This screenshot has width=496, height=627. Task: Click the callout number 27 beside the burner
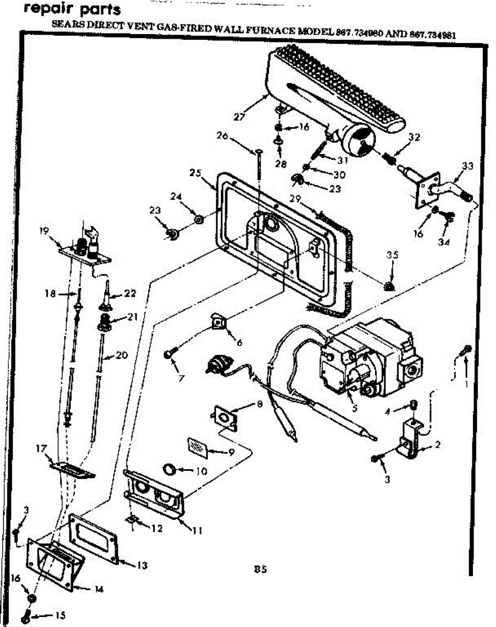point(240,117)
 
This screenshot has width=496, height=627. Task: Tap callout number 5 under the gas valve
point(354,409)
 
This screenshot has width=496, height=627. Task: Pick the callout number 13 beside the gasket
point(141,565)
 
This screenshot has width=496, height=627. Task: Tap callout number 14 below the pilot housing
point(99,589)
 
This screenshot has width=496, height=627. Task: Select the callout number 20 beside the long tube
point(121,355)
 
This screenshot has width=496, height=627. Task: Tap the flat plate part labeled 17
point(72,468)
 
